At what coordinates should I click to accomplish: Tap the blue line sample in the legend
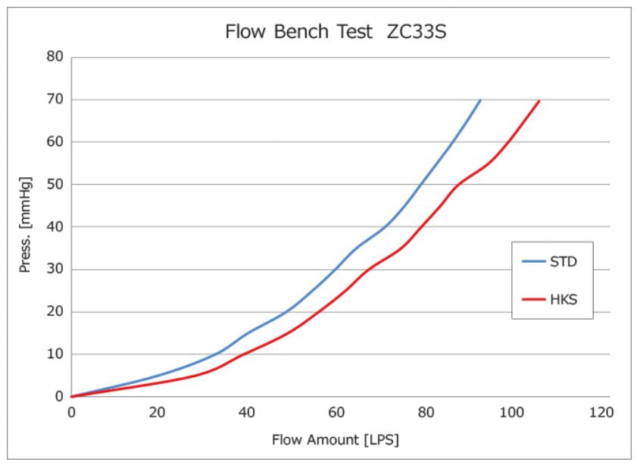tap(535, 262)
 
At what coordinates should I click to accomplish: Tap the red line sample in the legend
tap(535, 299)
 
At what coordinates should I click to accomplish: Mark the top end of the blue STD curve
tap(480, 100)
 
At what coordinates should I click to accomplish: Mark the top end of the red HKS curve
tap(539, 101)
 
